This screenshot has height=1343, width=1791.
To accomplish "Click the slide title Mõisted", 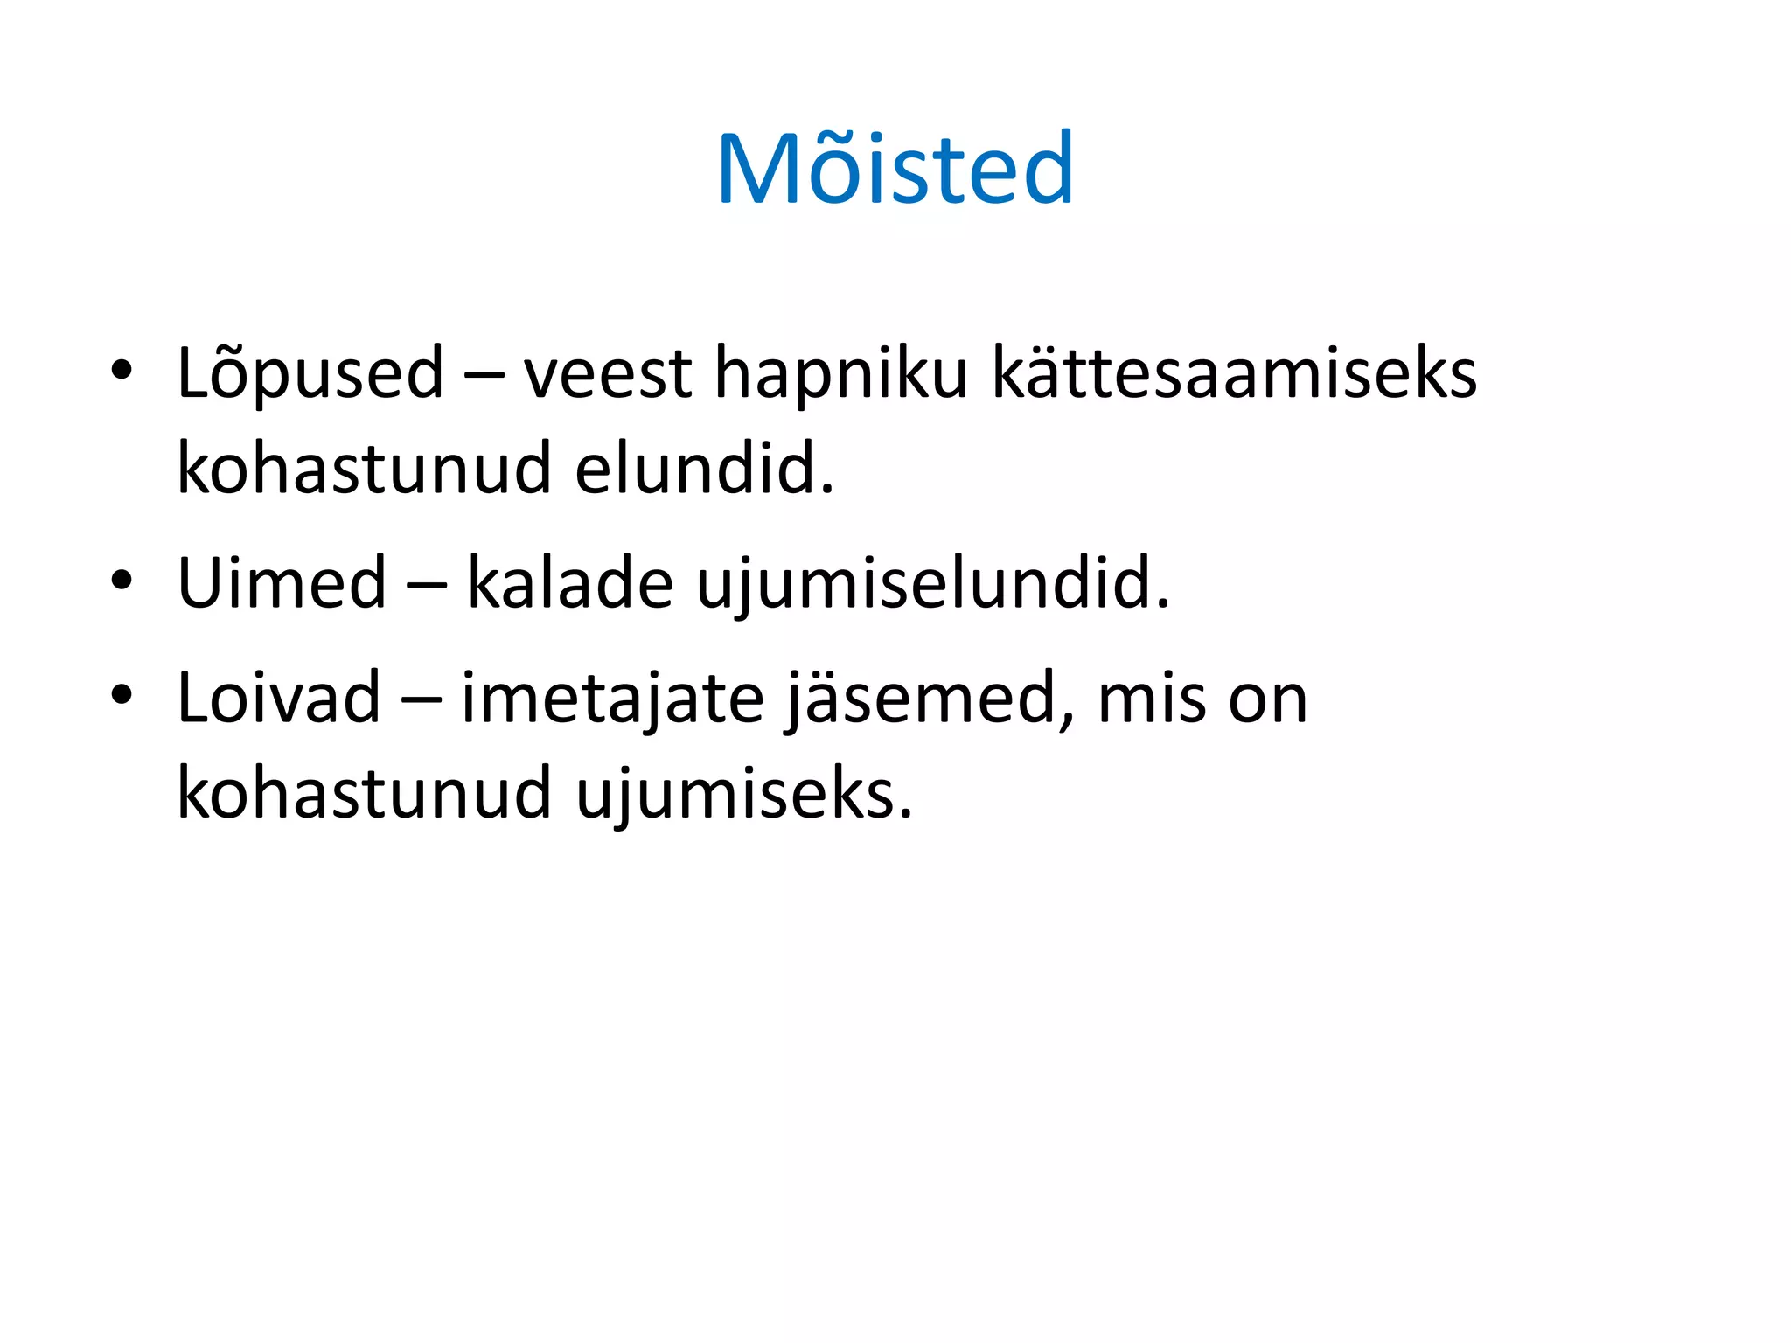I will [895, 168].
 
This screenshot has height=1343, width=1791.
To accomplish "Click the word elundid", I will [704, 469].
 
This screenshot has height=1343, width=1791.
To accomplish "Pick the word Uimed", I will [282, 582].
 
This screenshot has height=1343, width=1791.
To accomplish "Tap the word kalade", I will [570, 582].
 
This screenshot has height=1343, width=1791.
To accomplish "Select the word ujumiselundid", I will [932, 584].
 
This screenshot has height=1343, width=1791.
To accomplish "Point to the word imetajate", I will [612, 699].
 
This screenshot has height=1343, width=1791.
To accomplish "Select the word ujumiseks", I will [744, 794].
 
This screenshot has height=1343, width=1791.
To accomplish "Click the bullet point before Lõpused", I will [122, 371].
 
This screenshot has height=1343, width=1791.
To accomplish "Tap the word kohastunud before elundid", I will [364, 469].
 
